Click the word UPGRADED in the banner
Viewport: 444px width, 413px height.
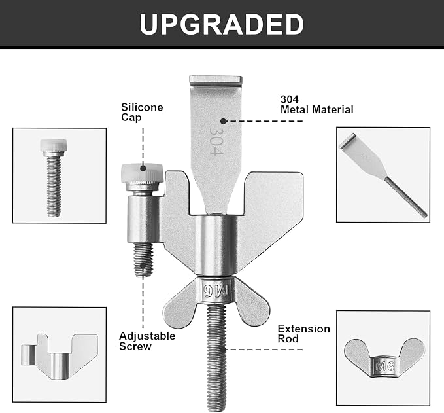click(x=222, y=24)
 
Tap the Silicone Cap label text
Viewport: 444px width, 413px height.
click(x=142, y=113)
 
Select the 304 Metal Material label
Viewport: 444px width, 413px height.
click(x=317, y=104)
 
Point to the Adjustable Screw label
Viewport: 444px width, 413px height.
click(x=147, y=341)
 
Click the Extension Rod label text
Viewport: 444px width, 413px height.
click(x=304, y=334)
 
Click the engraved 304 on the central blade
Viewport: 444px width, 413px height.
click(x=216, y=140)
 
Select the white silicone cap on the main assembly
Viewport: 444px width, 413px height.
click(x=142, y=173)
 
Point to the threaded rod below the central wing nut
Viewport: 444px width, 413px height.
click(x=216, y=357)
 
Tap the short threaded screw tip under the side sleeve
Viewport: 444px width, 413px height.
click(x=143, y=260)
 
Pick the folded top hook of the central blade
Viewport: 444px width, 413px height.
click(x=216, y=81)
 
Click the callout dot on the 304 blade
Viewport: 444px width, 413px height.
click(x=223, y=121)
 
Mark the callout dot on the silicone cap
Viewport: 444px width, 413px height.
click(x=143, y=168)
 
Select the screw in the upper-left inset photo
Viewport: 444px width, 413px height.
click(x=54, y=178)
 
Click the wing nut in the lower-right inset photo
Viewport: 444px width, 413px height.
click(x=384, y=359)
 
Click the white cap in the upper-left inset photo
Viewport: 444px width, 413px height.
click(x=54, y=145)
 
